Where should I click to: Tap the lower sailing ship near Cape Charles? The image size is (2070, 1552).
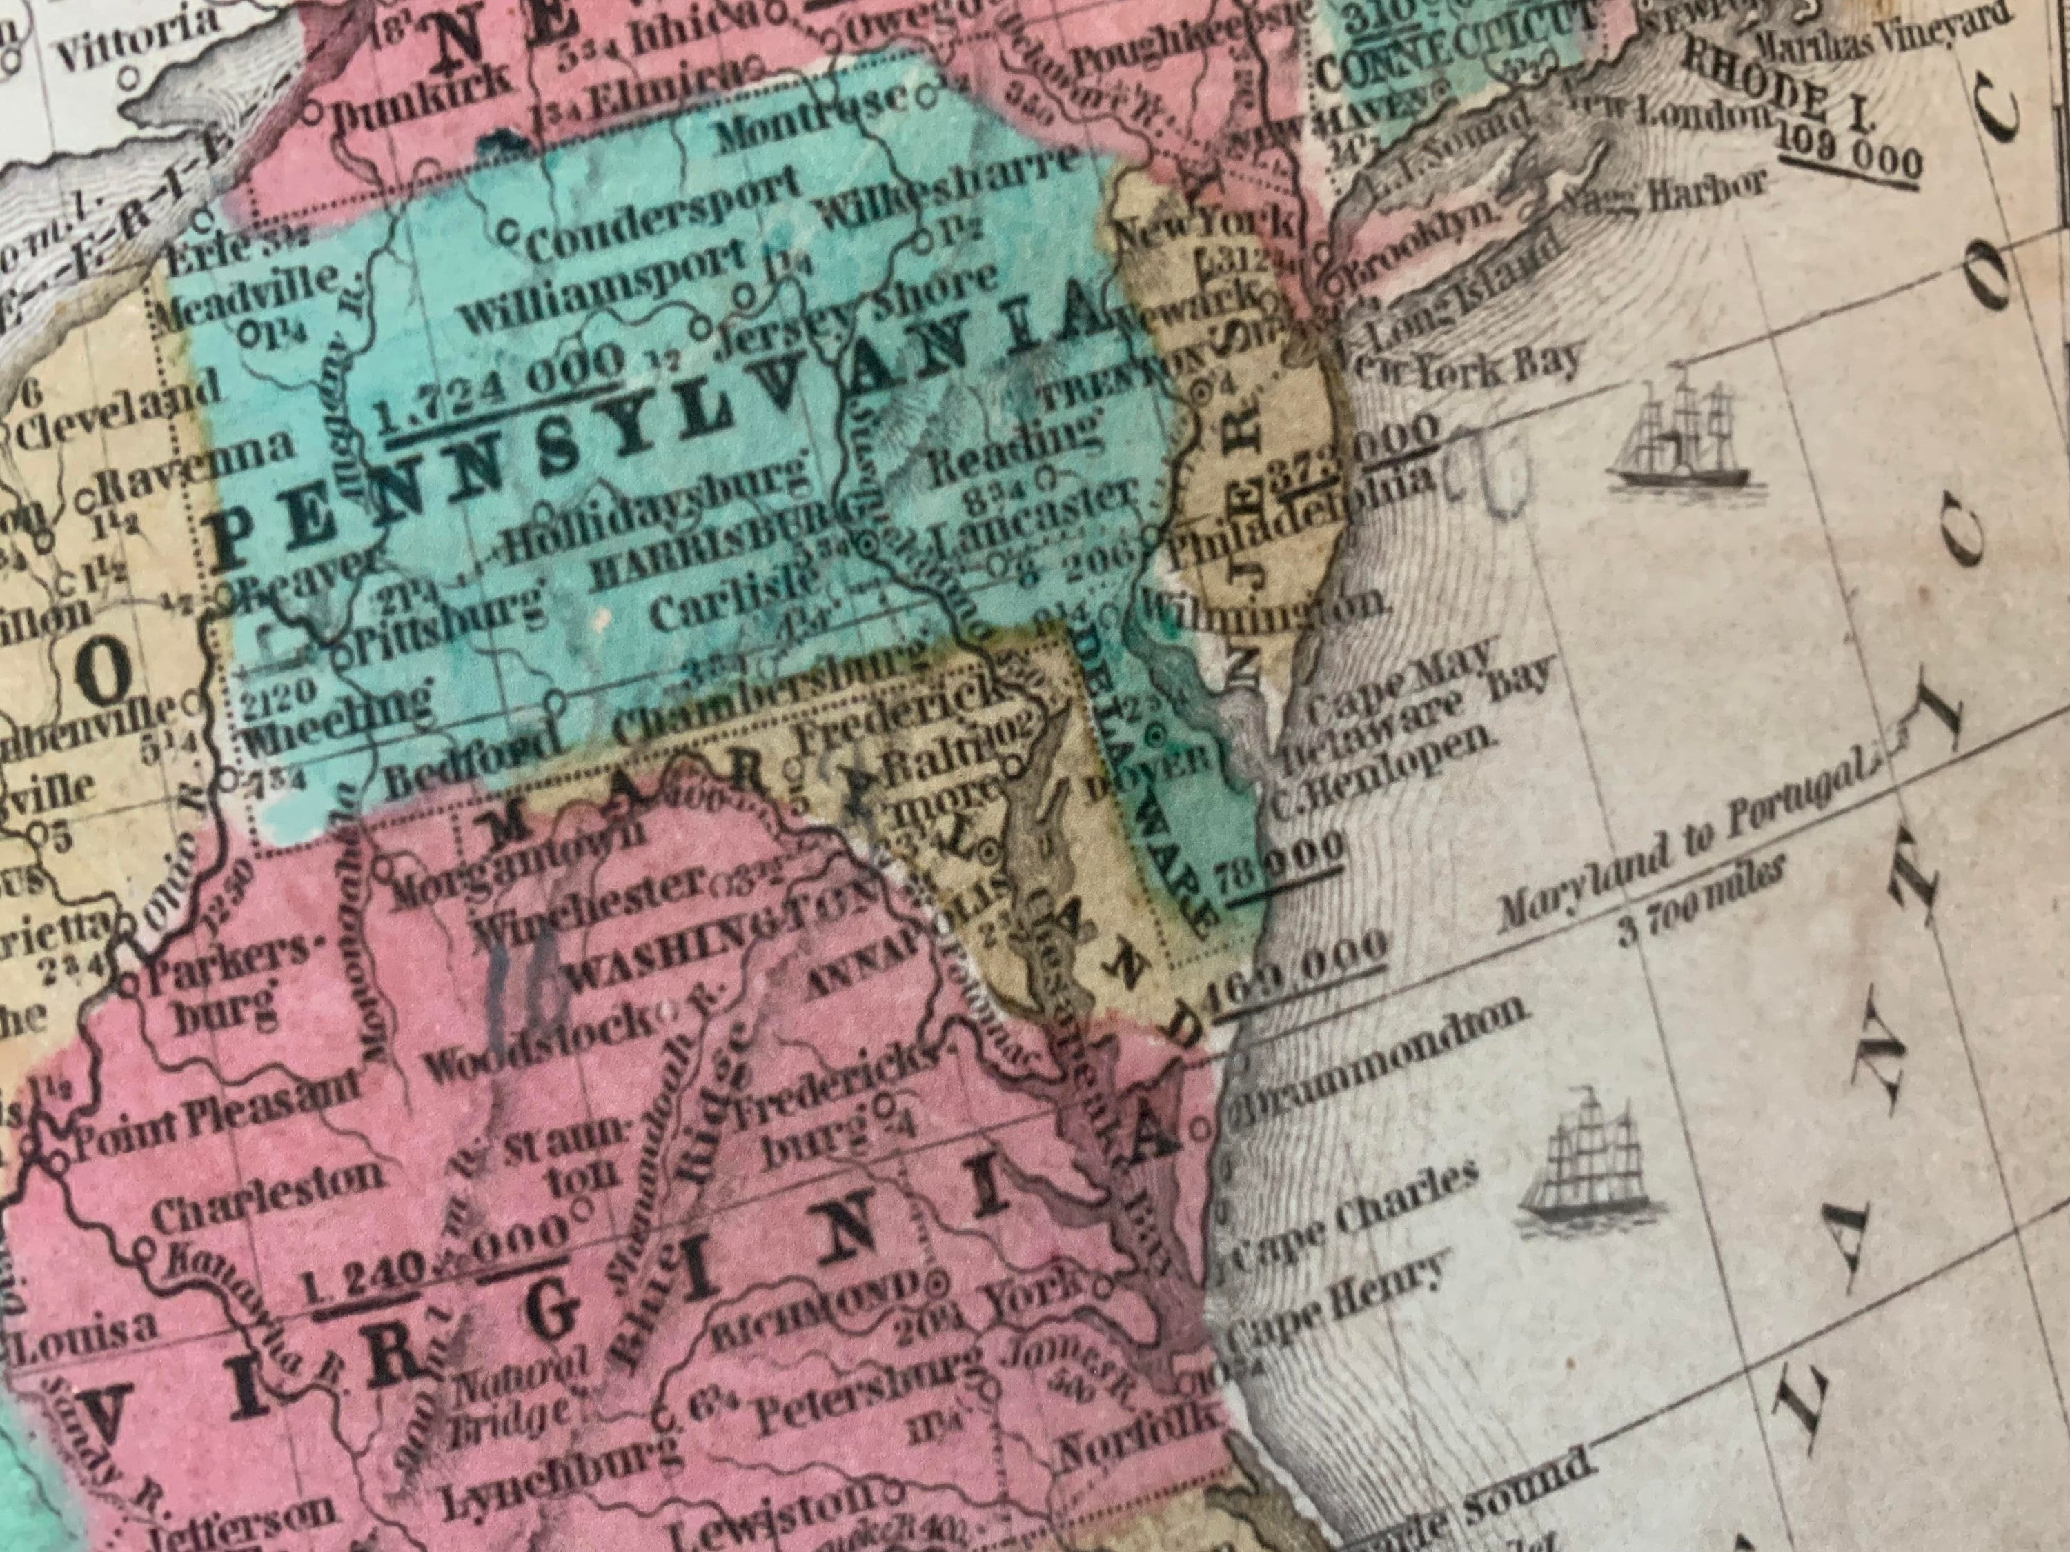click(x=1581, y=1172)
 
